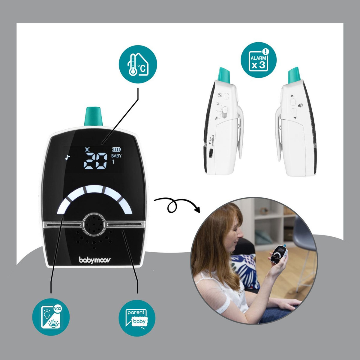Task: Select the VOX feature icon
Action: pyautogui.click(x=51, y=317)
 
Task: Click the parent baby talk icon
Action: pyautogui.click(x=137, y=317)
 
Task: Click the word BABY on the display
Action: pyautogui.click(x=116, y=156)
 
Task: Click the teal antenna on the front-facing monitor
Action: pyautogui.click(x=94, y=117)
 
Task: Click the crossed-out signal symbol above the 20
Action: pyautogui.click(x=87, y=149)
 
